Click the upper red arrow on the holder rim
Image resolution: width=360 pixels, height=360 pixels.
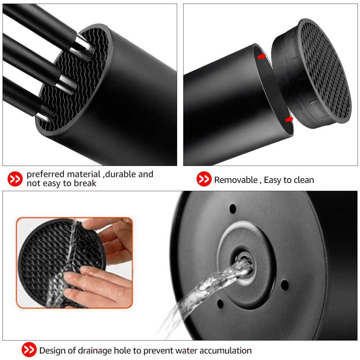point(261,56)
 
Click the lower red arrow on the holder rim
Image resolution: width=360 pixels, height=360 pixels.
point(289,119)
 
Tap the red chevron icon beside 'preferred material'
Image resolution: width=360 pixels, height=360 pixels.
point(15,179)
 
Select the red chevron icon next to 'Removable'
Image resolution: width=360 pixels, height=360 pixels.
point(204,179)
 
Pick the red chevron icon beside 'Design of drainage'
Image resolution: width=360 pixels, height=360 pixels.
point(29,350)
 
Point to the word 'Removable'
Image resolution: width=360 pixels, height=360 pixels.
point(236,180)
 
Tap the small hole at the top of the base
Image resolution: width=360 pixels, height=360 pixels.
point(233,208)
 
